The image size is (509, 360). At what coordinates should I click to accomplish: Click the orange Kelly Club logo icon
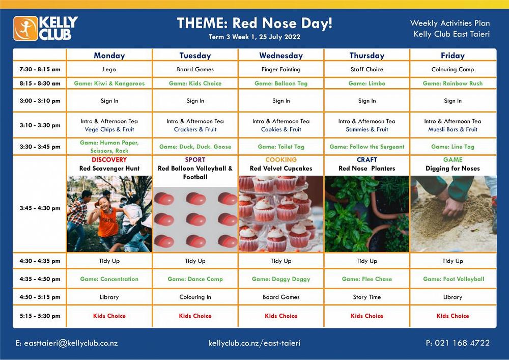click(25, 29)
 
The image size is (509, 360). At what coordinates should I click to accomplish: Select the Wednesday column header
click(281, 56)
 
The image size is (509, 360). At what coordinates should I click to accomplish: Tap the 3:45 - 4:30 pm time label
click(40, 208)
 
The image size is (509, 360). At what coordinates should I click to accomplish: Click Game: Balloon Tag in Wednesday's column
click(281, 84)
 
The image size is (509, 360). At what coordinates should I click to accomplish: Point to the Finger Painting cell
click(281, 69)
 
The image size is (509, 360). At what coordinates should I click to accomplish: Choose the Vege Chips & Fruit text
click(109, 129)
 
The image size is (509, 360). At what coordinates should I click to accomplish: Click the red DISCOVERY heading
click(109, 160)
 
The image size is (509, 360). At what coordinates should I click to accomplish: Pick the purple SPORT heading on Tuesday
click(195, 160)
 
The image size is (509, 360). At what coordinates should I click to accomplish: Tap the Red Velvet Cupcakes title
click(281, 169)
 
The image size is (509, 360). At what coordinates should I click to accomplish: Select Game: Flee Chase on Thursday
click(367, 279)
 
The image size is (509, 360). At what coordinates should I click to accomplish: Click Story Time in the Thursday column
click(367, 297)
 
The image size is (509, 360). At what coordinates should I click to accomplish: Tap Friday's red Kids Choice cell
click(453, 316)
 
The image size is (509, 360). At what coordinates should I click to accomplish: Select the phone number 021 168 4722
click(462, 343)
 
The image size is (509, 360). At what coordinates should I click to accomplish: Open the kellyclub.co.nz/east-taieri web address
click(254, 343)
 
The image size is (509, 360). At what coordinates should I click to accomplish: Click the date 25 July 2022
click(280, 37)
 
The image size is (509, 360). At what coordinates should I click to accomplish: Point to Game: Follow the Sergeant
click(367, 147)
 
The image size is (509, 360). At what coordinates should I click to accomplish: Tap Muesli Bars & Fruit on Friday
click(453, 129)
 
